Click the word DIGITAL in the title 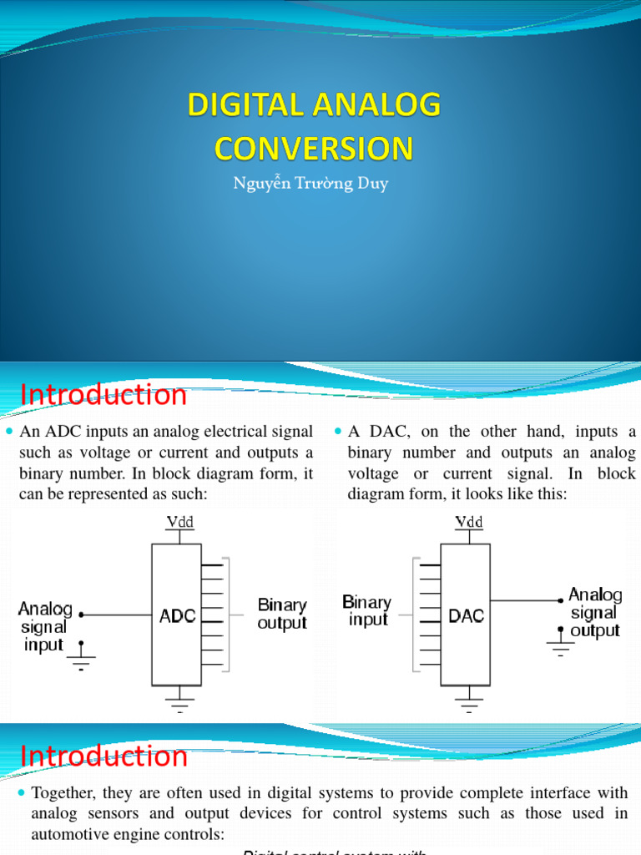245,106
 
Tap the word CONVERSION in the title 314,149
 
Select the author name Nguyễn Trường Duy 310,184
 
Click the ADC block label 178,616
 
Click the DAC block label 467,616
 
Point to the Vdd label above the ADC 179,522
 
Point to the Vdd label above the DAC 469,522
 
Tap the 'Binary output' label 282,614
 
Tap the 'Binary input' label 366,610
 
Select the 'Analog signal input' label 45,626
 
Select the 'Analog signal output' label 595,612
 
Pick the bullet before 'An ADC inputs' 10,433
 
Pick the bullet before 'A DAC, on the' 338,433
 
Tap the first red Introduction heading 103,395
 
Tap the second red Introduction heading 103,756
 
